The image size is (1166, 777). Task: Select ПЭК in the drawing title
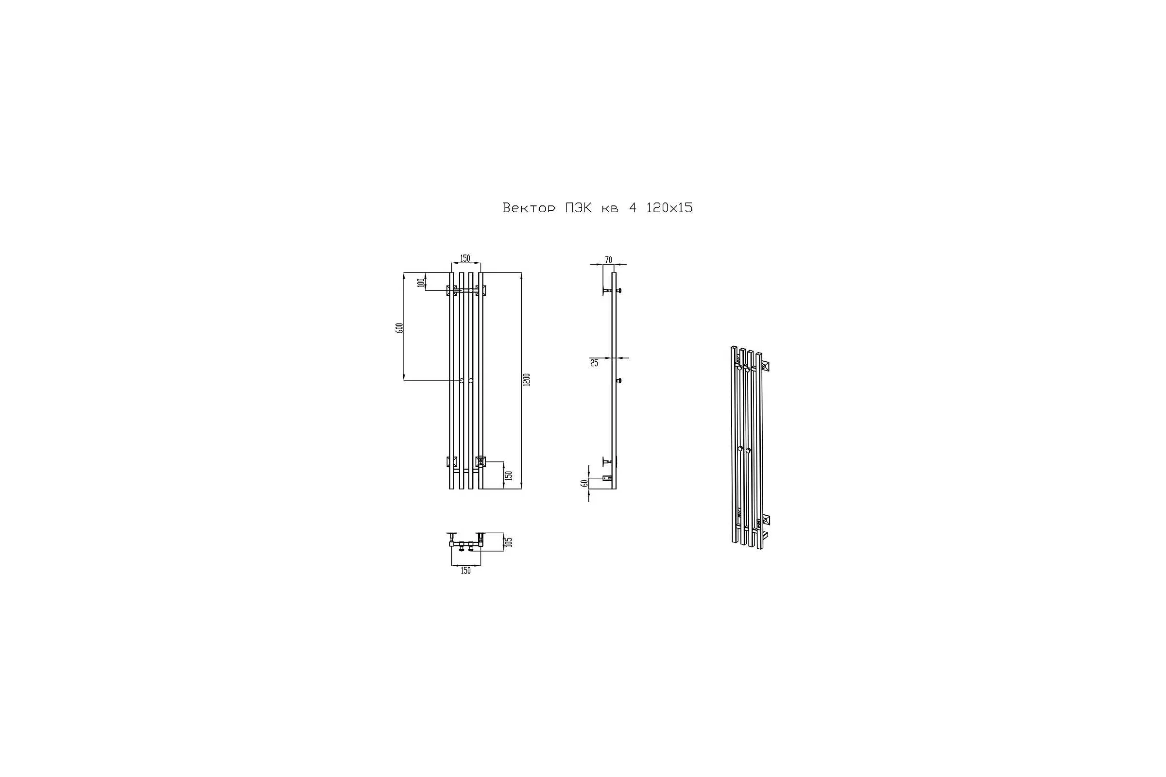click(578, 208)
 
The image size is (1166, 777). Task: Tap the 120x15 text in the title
click(669, 208)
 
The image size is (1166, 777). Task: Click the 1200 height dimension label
click(527, 380)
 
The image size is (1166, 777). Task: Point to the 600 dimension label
click(399, 327)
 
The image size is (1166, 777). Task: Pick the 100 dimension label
click(421, 283)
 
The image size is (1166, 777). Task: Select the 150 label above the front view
click(464, 258)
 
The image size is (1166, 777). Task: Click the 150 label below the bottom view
click(465, 571)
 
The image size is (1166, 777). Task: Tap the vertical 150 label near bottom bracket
click(508, 476)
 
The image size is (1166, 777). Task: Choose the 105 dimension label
click(508, 541)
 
